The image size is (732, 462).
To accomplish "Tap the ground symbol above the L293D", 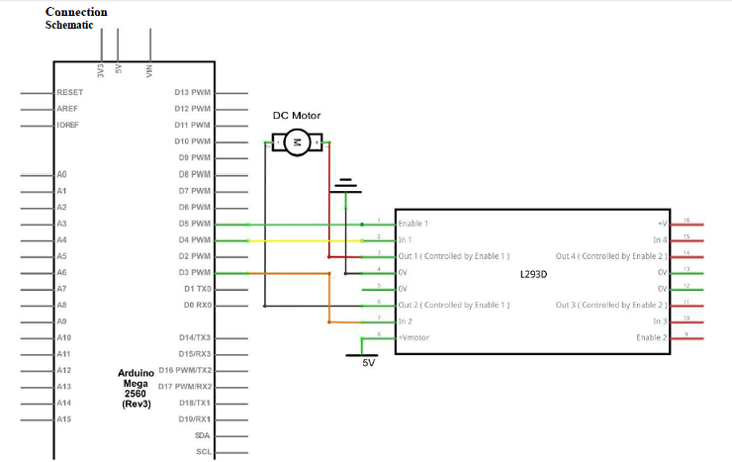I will click(345, 185).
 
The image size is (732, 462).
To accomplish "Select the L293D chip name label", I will click(533, 272).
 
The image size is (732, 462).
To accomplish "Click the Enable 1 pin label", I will click(412, 224).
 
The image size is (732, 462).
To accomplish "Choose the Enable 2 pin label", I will click(653, 338).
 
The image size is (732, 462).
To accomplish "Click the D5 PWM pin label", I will click(194, 224).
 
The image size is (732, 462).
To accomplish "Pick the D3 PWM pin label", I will click(194, 272).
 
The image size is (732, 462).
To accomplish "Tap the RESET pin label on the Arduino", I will click(69, 92).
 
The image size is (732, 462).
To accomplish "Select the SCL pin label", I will click(203, 451).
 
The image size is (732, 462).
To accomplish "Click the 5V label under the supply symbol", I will click(368, 363).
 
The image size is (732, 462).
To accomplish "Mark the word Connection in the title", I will click(76, 12).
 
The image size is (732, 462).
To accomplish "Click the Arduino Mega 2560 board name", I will click(135, 388).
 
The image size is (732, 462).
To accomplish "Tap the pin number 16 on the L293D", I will click(686, 221).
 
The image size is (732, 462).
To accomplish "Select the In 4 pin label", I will click(661, 239).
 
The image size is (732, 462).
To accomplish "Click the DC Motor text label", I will click(297, 116).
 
